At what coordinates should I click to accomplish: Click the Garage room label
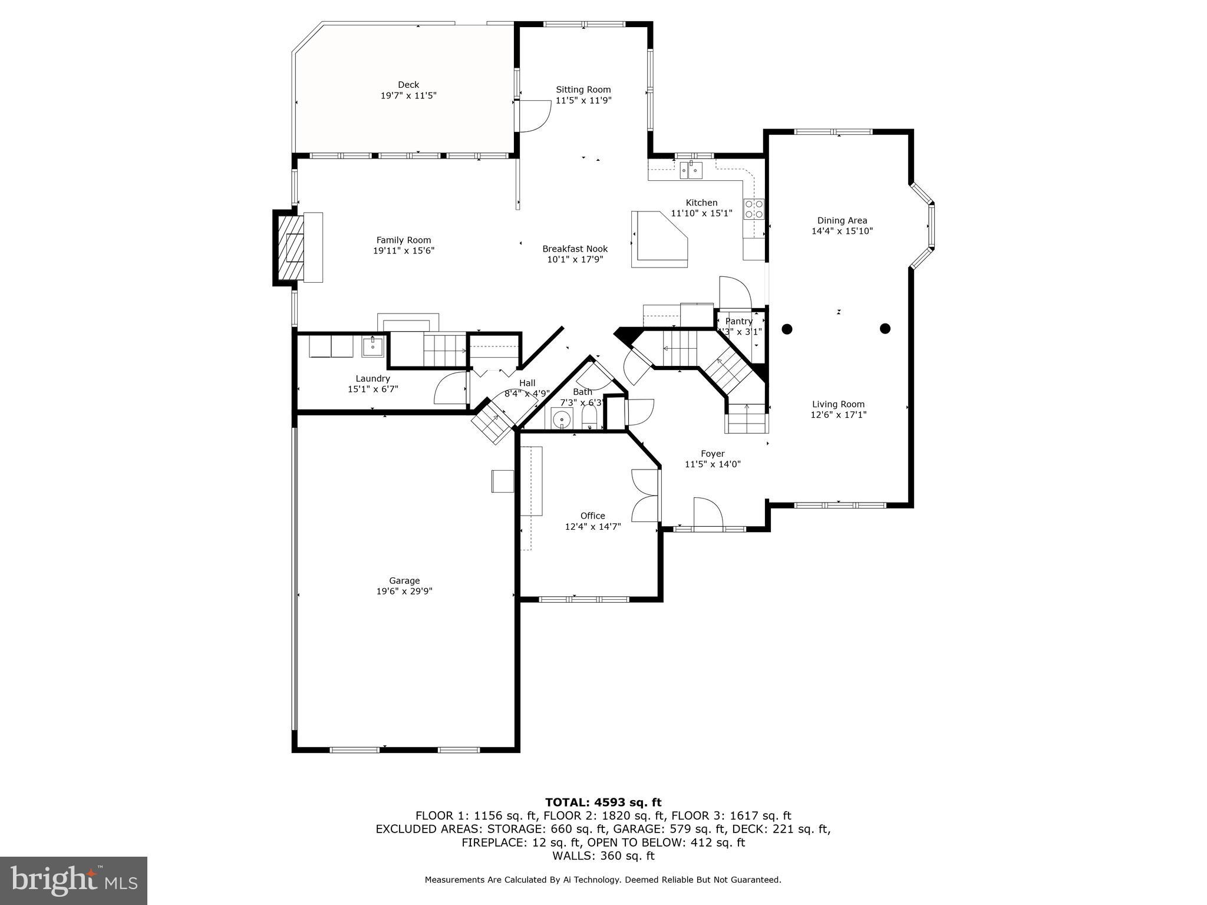[404, 580]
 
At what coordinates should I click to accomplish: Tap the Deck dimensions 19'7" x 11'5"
[408, 95]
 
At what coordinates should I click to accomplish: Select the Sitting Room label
[583, 90]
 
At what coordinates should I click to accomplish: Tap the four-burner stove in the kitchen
[754, 209]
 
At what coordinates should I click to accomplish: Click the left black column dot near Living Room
[787, 329]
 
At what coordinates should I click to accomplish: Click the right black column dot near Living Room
[885, 328]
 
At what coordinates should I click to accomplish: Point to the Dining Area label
[842, 220]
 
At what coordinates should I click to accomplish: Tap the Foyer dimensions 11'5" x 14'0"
[713, 464]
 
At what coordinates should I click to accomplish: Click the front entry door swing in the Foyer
[708, 513]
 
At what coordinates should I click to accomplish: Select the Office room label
[592, 516]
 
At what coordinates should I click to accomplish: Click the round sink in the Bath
[562, 420]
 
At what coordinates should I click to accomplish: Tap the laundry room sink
[372, 346]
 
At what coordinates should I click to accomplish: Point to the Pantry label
[738, 321]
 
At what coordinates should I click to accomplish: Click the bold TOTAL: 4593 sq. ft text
[603, 802]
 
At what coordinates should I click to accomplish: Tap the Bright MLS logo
[74, 880]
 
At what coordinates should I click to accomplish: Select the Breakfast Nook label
[575, 249]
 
